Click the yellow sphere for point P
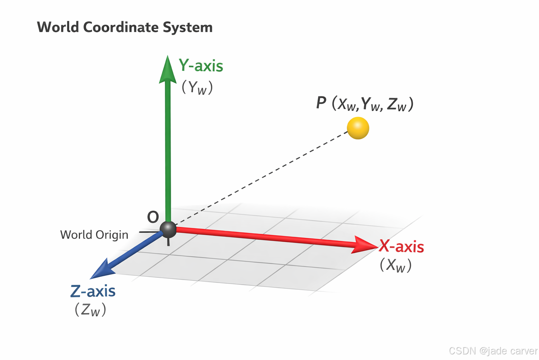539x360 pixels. (358, 128)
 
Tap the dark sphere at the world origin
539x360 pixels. (168, 229)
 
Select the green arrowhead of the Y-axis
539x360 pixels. (168, 70)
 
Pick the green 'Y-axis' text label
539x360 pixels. (201, 66)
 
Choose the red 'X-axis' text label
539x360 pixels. (401, 246)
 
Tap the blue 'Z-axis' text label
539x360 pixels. (93, 291)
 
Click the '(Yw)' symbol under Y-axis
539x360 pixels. (197, 87)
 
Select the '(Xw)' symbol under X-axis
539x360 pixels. (395, 265)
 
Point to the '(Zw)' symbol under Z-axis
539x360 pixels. (90, 310)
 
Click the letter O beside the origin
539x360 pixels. (153, 217)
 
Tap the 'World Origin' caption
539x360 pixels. (94, 235)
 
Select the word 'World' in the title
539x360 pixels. (58, 27)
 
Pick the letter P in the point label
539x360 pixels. (321, 103)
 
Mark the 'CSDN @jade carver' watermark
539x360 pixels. (493, 351)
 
